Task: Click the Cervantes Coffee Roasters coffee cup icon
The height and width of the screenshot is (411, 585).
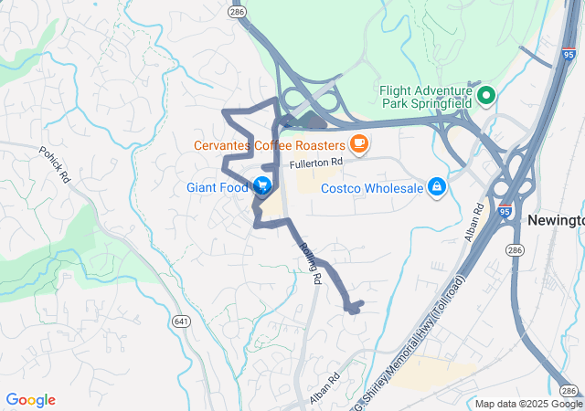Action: [358, 144]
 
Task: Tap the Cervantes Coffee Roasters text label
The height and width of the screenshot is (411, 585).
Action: [268, 145]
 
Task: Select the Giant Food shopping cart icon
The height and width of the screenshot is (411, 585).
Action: [262, 186]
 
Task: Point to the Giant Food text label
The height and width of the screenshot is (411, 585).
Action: [218, 187]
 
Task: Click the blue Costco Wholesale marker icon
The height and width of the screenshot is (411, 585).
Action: [437, 186]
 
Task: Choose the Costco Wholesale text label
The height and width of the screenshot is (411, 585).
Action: [373, 188]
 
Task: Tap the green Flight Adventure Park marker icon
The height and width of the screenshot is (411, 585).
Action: [485, 94]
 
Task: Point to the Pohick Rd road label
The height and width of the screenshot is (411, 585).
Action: [54, 164]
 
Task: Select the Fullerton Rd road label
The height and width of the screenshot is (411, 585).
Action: [315, 163]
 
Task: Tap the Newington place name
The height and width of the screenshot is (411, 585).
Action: [556, 221]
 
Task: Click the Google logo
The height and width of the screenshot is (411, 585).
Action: [30, 400]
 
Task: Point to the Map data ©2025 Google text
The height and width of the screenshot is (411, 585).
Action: [527, 404]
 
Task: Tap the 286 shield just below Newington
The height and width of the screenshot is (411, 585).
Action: [540, 248]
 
